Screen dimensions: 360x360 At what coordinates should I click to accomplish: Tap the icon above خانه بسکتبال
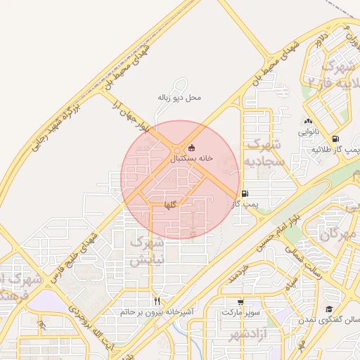pos(191,148)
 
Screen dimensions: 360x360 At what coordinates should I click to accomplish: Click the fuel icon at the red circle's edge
pos(244,193)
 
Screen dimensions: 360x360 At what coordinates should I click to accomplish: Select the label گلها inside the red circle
pos(169,205)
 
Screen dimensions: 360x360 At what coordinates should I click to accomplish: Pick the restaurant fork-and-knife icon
pos(157,301)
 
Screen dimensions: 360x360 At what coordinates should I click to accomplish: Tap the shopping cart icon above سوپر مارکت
pos(241,300)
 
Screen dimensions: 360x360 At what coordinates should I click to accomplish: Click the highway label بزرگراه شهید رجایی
pos(56,128)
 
